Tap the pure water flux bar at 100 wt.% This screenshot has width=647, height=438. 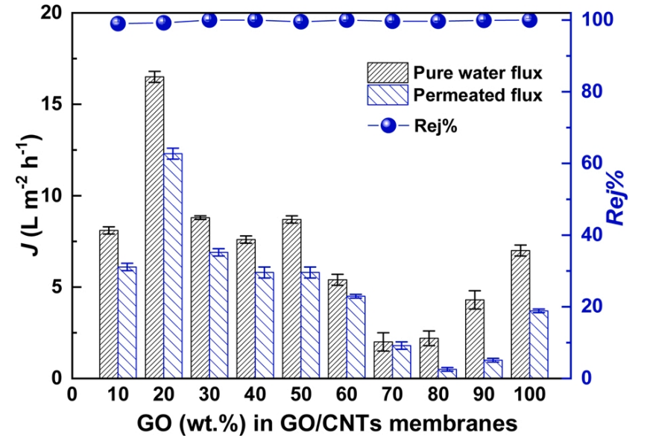click(x=520, y=314)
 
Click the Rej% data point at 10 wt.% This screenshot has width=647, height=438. click(x=118, y=23)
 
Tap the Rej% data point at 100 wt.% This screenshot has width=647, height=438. click(x=529, y=20)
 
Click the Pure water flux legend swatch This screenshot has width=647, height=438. click(x=387, y=73)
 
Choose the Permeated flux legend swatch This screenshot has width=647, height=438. click(x=387, y=95)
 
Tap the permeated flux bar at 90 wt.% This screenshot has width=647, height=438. click(x=493, y=369)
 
